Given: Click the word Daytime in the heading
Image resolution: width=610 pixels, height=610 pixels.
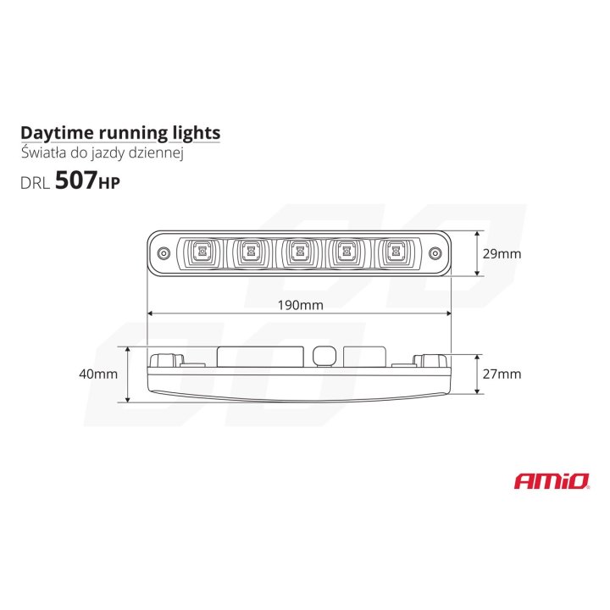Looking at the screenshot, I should click(x=52, y=133).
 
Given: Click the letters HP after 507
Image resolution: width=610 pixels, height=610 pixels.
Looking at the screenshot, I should click(x=109, y=183).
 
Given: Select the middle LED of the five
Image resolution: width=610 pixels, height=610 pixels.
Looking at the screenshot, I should click(x=297, y=251).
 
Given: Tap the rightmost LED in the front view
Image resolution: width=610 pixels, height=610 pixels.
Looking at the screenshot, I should click(x=393, y=251).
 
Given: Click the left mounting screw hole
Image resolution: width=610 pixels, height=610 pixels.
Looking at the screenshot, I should click(x=163, y=252).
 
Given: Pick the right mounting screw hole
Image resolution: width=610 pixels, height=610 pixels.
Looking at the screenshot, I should click(x=435, y=252).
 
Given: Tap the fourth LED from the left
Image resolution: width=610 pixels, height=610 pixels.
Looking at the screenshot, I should click(x=345, y=251).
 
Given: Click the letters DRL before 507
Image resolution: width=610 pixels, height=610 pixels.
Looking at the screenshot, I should click(x=34, y=181).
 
